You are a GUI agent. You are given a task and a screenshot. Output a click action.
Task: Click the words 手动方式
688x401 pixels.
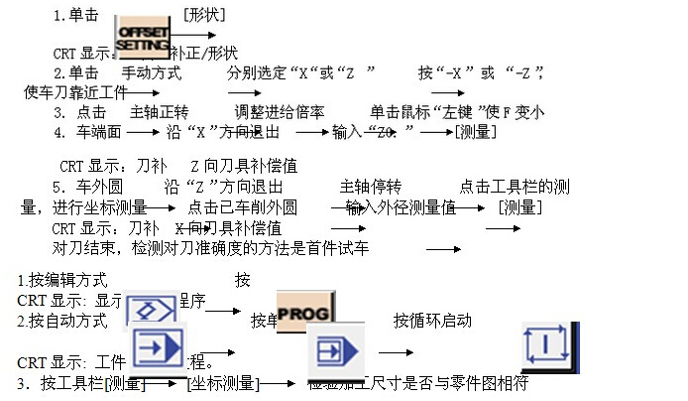pos(151,72)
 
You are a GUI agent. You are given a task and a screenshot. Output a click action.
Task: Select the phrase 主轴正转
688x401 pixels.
pos(160,112)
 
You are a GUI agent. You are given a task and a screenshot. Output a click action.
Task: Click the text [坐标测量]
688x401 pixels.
pos(223,382)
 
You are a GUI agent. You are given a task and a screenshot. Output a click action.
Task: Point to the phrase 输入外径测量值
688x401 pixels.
pos(401,206)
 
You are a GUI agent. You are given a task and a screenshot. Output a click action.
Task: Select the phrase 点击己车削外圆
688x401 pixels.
pos(242,206)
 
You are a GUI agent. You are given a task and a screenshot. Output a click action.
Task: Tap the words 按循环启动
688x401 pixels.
pos(432,320)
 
